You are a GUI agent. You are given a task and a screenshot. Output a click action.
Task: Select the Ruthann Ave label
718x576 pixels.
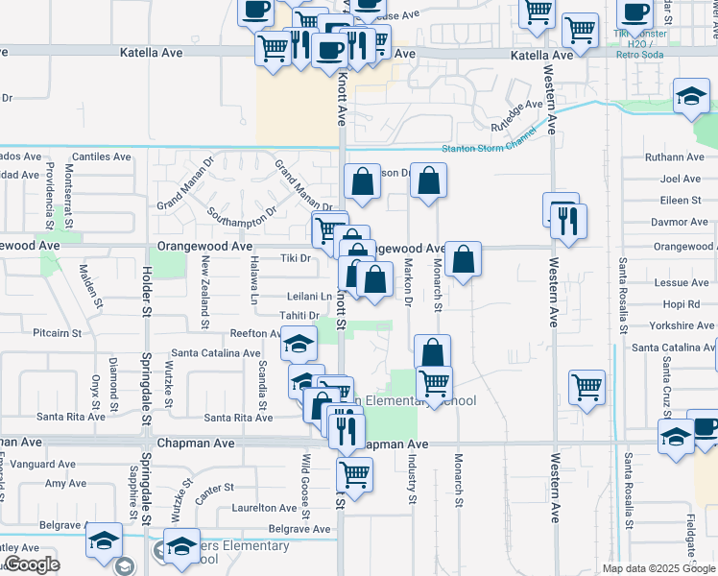[675, 156]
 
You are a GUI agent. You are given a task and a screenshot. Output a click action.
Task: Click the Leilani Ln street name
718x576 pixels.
[308, 297]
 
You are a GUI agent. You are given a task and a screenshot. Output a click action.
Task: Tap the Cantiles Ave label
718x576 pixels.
[101, 156]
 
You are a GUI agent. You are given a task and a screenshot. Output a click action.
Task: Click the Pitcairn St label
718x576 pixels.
[58, 333]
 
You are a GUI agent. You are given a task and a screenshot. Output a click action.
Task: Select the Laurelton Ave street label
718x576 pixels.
[261, 508]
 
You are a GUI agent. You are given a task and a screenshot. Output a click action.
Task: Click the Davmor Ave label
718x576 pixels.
[679, 222]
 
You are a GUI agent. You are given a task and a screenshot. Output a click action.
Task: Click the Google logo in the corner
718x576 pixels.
[31, 564]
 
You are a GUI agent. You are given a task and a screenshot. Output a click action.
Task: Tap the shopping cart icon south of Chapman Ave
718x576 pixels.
[355, 472]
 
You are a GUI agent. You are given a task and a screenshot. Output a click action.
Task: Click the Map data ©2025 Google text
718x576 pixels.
[658, 568]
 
